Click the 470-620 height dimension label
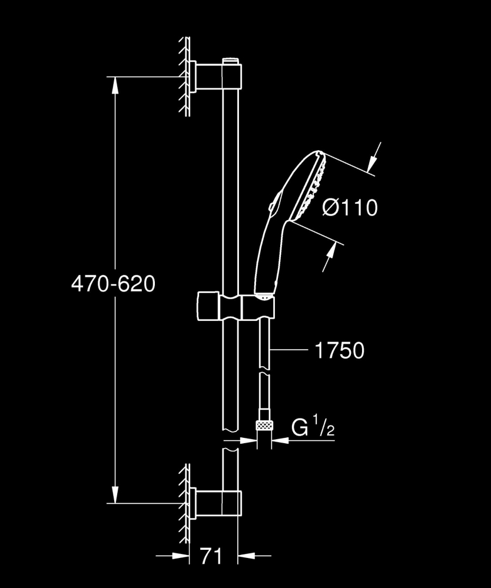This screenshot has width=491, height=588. coord(113,284)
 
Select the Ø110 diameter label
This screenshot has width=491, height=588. coord(350,207)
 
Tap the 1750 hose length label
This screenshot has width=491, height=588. coord(340,351)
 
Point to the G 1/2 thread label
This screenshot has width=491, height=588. coord(313,428)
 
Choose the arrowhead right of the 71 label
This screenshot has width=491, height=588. coord(244,554)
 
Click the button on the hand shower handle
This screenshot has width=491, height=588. coord(270,206)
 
